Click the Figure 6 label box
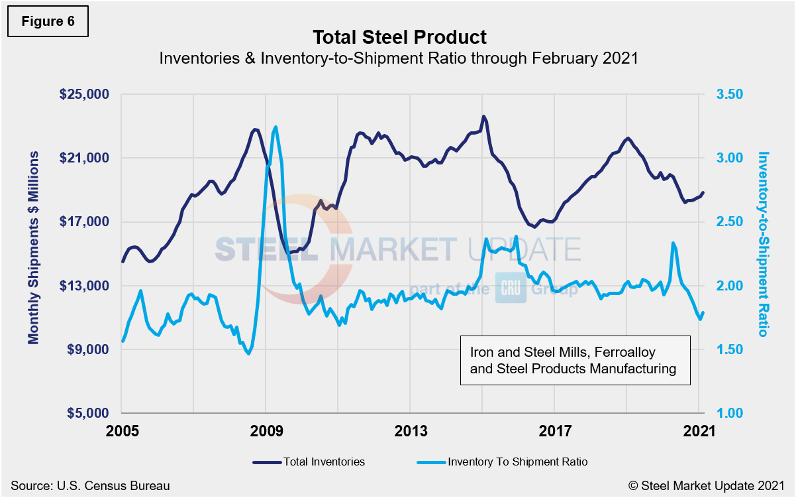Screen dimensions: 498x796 [x=48, y=21]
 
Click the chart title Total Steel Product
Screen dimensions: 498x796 [x=399, y=36]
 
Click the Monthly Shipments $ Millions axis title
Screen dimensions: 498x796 [x=33, y=247]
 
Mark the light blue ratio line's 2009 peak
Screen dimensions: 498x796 [x=275, y=127]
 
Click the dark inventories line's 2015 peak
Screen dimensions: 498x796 [x=484, y=116]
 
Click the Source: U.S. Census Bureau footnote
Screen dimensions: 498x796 [x=90, y=486]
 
